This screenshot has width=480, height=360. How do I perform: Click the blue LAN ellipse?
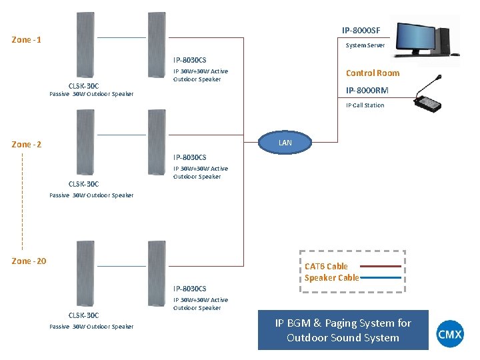[285, 143]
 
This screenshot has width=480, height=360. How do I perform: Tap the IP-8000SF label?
[361, 30]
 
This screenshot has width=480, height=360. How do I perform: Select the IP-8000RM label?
[367, 90]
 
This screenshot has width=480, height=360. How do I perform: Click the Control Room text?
[372, 73]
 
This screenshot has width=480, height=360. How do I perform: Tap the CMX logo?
[450, 334]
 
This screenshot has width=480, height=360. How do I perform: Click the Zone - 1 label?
[27, 40]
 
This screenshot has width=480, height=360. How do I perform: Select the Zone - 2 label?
[27, 145]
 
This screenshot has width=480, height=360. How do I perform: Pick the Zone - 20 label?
[29, 261]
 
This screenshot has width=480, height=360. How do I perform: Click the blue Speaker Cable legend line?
[381, 278]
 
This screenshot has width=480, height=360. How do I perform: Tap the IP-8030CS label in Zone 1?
[190, 60]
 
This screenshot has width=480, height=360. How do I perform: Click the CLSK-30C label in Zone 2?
[84, 184]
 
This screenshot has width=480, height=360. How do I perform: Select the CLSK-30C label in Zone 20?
[84, 315]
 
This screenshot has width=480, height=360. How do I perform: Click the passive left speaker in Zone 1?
[85, 45]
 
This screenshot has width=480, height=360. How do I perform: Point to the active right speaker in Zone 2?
[156, 143]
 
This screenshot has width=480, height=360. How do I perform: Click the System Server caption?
[365, 45]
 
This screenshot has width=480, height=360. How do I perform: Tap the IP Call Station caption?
[365, 105]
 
